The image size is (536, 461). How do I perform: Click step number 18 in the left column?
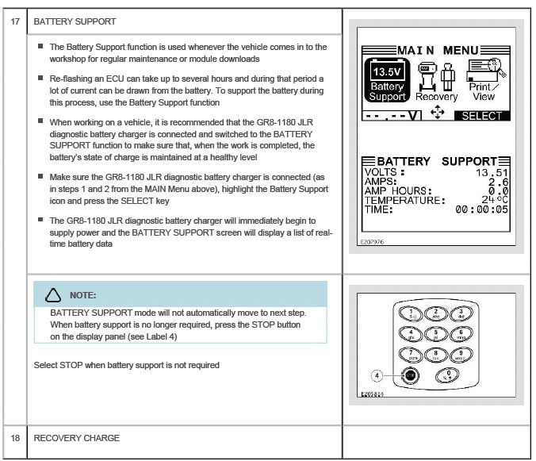point(13,437)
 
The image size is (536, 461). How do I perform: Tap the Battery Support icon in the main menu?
point(388,79)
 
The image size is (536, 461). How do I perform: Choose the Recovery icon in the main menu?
point(437,79)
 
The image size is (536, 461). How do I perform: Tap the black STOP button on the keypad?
point(410,373)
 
